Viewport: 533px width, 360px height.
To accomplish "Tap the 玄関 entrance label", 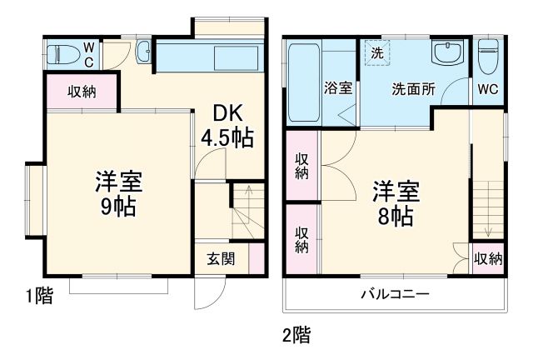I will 221,258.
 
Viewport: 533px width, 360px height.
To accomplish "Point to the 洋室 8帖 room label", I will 395,203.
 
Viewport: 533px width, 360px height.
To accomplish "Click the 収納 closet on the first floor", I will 82,91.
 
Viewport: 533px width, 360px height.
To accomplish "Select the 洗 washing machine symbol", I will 377,52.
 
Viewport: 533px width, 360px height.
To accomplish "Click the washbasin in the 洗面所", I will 446,55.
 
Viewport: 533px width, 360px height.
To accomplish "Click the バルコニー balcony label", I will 394,293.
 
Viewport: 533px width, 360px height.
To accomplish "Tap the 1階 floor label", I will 38,295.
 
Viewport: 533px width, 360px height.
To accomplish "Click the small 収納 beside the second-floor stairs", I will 488,259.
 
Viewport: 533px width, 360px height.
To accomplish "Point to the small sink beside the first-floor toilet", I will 142,52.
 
